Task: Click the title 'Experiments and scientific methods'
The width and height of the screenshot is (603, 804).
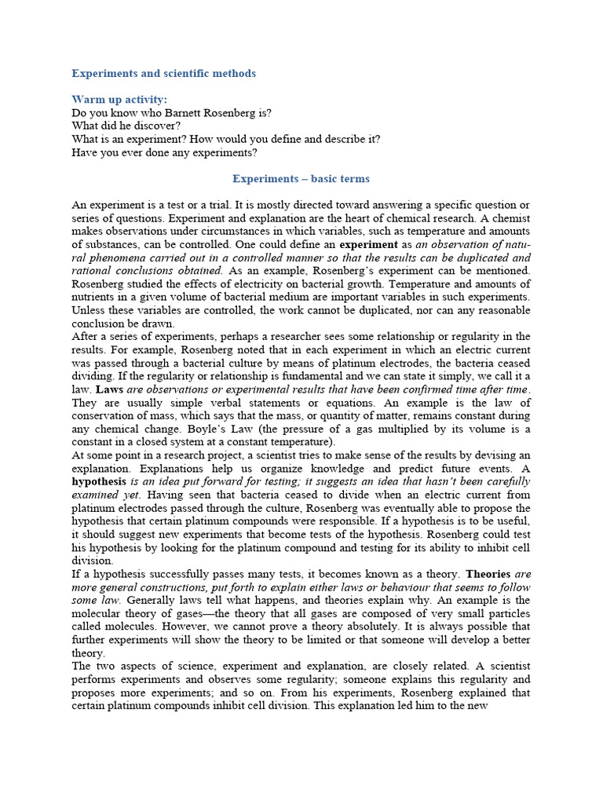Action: coord(163,73)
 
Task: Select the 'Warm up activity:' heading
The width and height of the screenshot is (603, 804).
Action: coord(119,99)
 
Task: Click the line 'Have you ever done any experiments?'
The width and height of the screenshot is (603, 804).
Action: coord(164,152)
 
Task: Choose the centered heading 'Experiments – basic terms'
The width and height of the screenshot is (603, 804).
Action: coord(301,179)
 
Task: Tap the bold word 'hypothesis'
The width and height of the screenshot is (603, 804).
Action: coord(99,482)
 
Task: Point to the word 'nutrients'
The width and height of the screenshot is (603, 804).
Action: coord(94,297)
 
